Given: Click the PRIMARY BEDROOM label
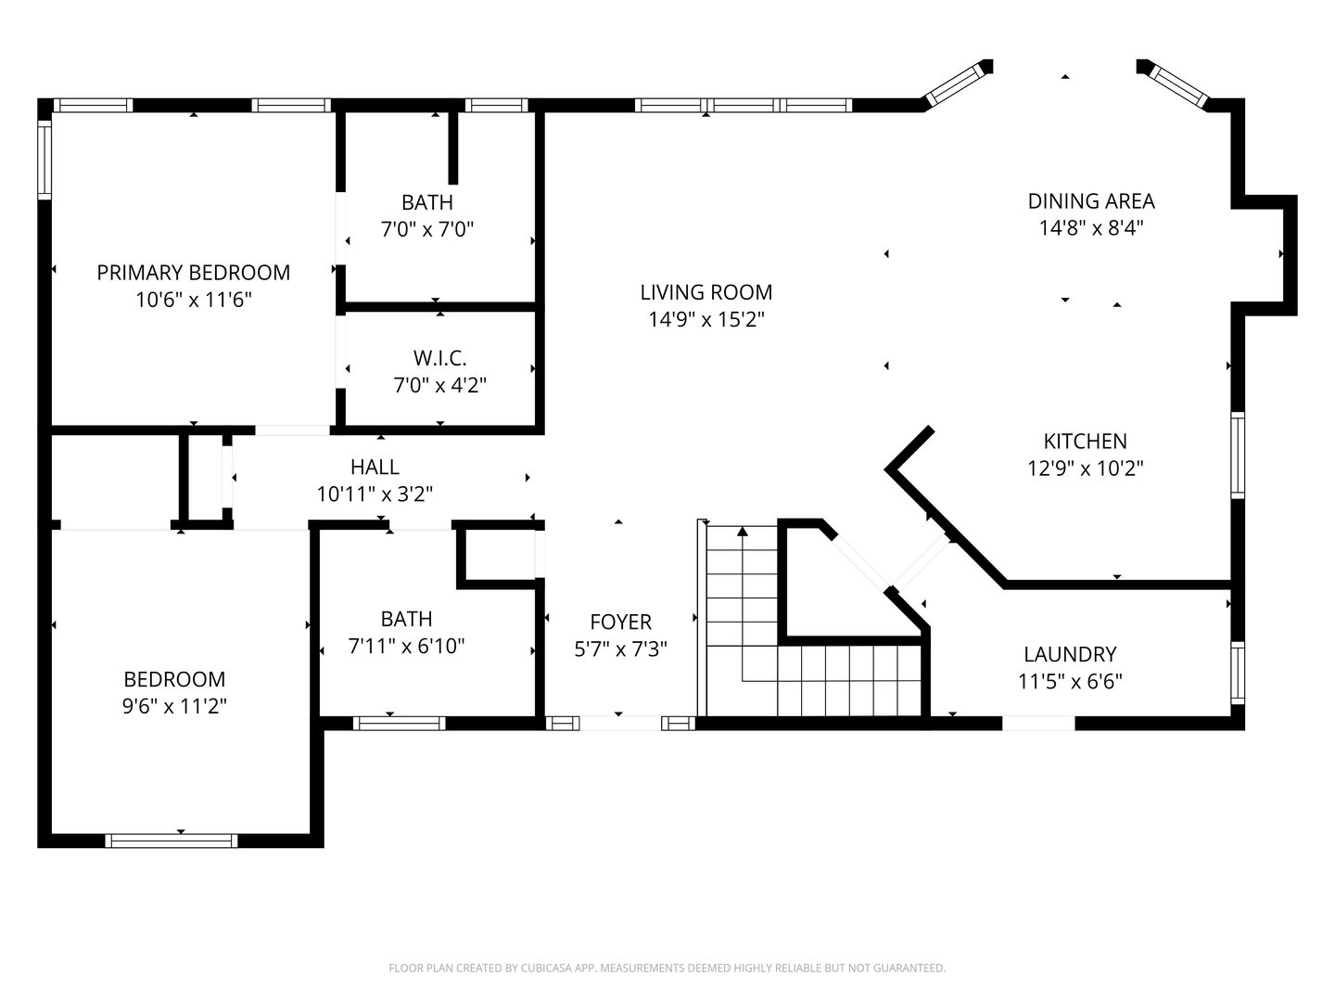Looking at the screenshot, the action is click(x=194, y=273).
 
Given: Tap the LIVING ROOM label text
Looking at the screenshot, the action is click(x=706, y=292).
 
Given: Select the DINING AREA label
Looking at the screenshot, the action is click(x=1091, y=201).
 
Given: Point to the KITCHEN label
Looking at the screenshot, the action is click(x=1085, y=441).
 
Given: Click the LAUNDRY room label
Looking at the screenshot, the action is click(x=1070, y=655).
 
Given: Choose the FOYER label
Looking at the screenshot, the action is click(x=620, y=622).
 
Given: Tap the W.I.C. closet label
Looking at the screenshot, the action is click(x=439, y=358).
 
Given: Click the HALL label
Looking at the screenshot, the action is click(x=375, y=468).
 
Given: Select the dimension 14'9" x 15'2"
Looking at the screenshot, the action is click(x=706, y=319).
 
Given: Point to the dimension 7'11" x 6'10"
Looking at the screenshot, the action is click(x=406, y=646).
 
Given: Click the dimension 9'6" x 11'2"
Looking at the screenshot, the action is click(x=174, y=706).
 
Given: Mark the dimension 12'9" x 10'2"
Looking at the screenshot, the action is click(x=1085, y=469).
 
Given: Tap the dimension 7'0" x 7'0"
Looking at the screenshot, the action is click(x=427, y=229).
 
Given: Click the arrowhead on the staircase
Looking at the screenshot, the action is click(x=742, y=532).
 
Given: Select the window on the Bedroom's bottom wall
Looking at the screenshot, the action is click(x=172, y=841).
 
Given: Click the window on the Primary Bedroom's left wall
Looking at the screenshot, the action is click(x=44, y=160).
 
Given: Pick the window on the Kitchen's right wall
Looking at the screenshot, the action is click(x=1238, y=455).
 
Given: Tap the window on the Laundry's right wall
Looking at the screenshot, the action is click(x=1238, y=673).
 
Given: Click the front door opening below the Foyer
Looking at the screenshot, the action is click(x=620, y=724).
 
